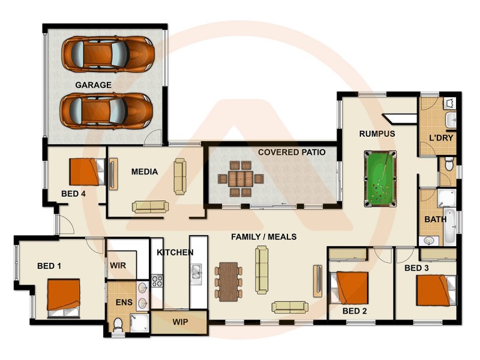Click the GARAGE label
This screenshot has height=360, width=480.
coord(93,85)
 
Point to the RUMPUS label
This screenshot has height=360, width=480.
coord(377,134)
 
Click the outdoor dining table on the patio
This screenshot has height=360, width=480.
coord(240,179)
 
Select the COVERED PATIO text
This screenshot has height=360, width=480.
coord(292,152)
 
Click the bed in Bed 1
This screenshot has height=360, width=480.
coord(64,296)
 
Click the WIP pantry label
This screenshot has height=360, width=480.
coord(180,322)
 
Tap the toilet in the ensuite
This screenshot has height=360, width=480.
coord(118,325)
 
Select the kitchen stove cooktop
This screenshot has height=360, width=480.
coord(157,280)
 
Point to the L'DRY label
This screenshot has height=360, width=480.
coord(440,138)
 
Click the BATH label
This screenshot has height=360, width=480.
coord(435,220)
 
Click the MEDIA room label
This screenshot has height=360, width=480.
coord(144,172)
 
